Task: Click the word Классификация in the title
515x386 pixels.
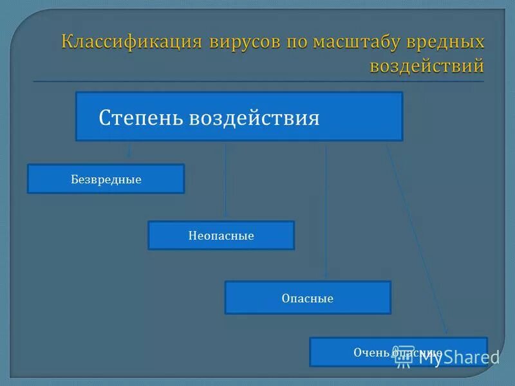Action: (x=131, y=42)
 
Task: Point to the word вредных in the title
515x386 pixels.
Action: (x=447, y=42)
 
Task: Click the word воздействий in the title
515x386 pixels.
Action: (x=427, y=65)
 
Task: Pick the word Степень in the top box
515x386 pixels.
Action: (x=141, y=118)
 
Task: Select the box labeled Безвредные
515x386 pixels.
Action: (x=106, y=179)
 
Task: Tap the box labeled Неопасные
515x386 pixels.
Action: (x=221, y=235)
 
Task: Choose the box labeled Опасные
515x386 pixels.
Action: (x=307, y=298)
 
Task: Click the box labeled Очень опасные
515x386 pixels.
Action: (x=398, y=351)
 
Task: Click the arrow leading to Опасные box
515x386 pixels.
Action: (x=326, y=212)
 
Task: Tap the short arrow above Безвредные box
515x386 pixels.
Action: (x=129, y=149)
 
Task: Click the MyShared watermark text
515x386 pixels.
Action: (x=458, y=357)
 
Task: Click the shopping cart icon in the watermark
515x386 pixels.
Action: (x=404, y=358)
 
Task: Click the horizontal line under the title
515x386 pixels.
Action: (x=257, y=82)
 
